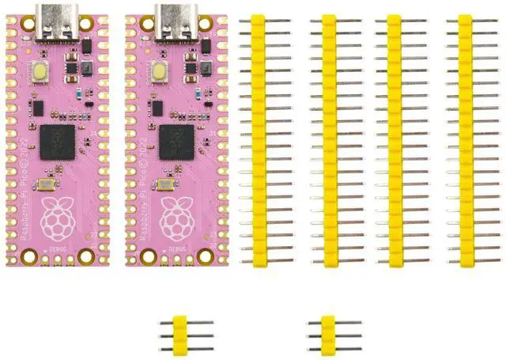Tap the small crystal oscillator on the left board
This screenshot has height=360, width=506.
click(x=46, y=184)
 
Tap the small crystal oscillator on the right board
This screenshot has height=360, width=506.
click(x=166, y=184)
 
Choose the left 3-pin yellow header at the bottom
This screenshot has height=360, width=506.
click(x=179, y=335)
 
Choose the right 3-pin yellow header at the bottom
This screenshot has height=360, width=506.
click(x=327, y=335)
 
